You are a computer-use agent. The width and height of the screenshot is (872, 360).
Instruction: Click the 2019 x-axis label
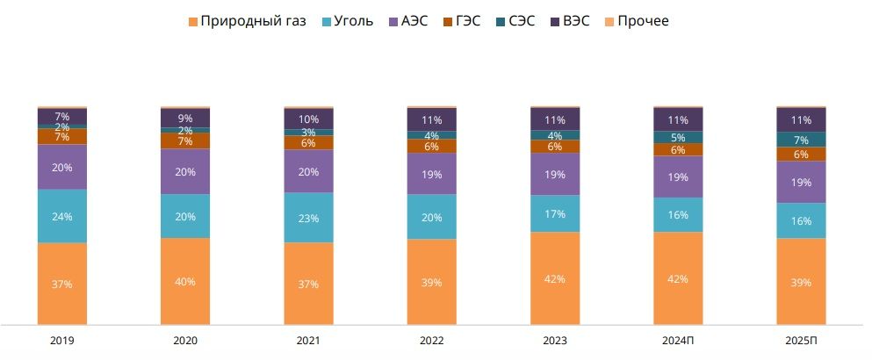[62, 340]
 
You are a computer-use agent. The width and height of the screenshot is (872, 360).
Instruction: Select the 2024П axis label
[678, 340]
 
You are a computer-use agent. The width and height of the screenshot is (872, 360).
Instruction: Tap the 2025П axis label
[801, 340]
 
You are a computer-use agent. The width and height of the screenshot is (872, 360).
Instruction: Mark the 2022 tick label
[431, 340]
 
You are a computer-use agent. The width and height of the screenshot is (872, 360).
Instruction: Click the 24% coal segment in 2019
[62, 216]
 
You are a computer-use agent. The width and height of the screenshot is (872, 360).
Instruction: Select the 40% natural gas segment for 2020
[185, 281]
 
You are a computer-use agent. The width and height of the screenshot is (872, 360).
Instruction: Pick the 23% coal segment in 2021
[308, 217]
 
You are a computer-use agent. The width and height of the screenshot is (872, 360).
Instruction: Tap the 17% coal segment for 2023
[555, 213]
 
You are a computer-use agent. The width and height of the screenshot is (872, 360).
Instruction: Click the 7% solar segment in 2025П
[801, 140]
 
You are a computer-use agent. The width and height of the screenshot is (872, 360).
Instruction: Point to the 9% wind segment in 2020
[185, 119]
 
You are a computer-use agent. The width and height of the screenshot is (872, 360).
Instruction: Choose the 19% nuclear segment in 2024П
[678, 176]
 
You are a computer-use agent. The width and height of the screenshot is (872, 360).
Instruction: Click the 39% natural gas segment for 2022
[431, 283]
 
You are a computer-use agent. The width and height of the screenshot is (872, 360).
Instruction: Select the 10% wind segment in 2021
[308, 119]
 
